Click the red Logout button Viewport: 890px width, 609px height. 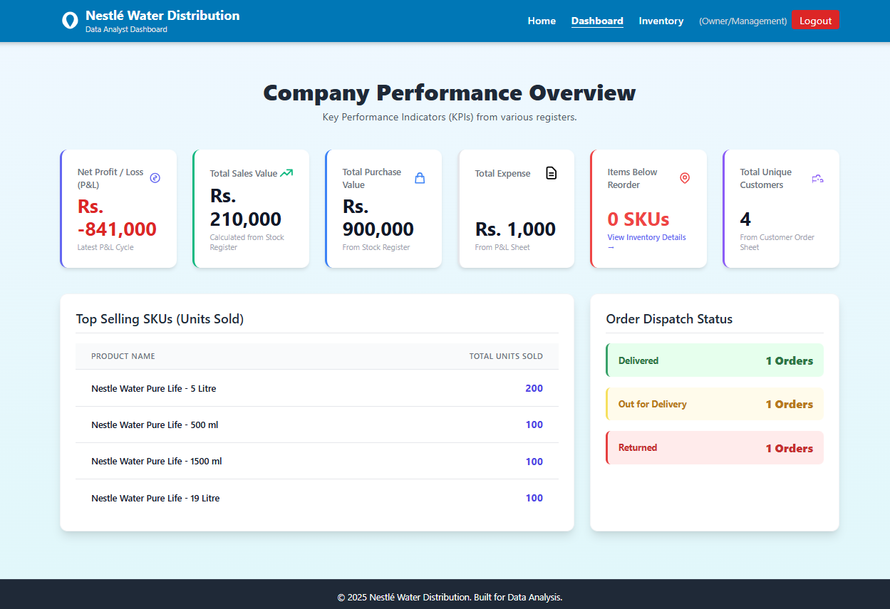(815, 21)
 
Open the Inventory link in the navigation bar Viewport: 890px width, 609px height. (661, 21)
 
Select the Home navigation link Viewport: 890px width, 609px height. (542, 21)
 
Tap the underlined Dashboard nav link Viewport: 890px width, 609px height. (597, 21)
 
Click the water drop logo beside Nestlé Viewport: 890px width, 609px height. (70, 21)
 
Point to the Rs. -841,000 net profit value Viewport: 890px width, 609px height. (117, 218)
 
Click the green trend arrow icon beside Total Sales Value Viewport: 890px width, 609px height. (286, 173)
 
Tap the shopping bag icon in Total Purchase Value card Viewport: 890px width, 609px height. (420, 178)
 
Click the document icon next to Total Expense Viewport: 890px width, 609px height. (551, 173)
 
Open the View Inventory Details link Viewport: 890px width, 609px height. (646, 238)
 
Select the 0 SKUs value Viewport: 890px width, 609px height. (638, 219)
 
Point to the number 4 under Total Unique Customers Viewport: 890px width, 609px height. (745, 219)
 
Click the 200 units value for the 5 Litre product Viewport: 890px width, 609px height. (534, 388)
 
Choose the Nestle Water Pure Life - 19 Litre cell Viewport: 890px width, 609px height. (155, 498)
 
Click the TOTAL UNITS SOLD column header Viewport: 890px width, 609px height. (505, 356)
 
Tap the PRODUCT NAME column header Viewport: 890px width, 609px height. (123, 356)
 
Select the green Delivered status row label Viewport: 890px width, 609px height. (638, 360)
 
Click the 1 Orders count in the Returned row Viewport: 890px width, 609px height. (789, 448)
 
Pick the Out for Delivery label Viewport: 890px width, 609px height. (652, 404)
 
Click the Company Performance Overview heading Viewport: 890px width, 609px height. (449, 93)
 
